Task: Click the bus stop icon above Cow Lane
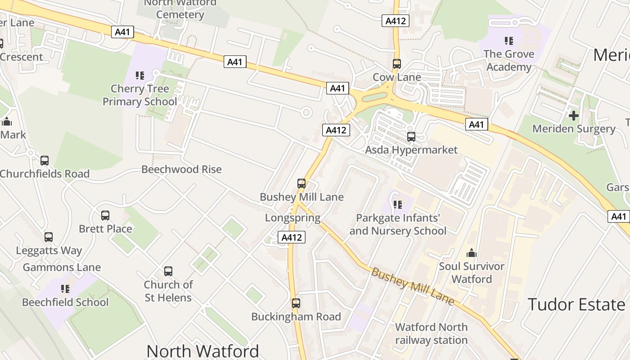pyautogui.click(x=396, y=64)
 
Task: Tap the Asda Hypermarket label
pyautogui.click(x=411, y=150)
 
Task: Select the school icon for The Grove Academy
pyautogui.click(x=509, y=41)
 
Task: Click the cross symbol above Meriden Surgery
pyautogui.click(x=573, y=116)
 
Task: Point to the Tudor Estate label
pyautogui.click(x=576, y=305)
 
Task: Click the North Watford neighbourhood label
pyautogui.click(x=202, y=351)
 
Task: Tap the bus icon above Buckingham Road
pyautogui.click(x=296, y=303)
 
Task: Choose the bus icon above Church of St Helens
pyautogui.click(x=168, y=271)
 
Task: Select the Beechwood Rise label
pyautogui.click(x=181, y=169)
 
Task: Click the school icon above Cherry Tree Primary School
pyautogui.click(x=139, y=76)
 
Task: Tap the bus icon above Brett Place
pyautogui.click(x=105, y=216)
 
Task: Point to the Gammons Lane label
pyautogui.click(x=62, y=267)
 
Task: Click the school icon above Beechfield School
pyautogui.click(x=65, y=289)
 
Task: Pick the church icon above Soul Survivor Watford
pyautogui.click(x=472, y=253)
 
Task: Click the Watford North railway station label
pyautogui.click(x=431, y=333)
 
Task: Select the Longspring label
pyautogui.click(x=292, y=218)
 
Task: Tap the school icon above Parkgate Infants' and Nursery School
pyautogui.click(x=397, y=205)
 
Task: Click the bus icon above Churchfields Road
pyautogui.click(x=44, y=161)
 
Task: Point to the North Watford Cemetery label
pyautogui.click(x=180, y=9)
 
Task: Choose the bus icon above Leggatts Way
pyautogui.click(x=49, y=237)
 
